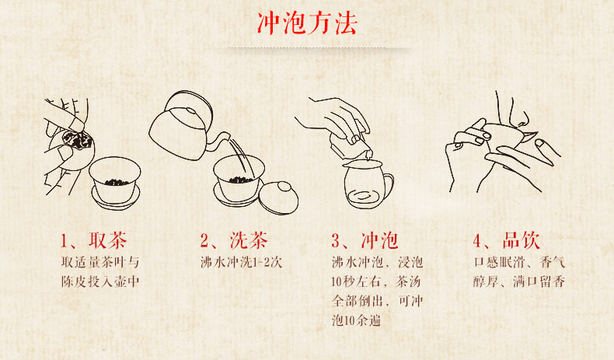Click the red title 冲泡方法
[x=307, y=23]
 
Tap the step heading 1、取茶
[x=93, y=240]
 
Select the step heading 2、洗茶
[x=234, y=240]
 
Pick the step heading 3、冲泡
[x=365, y=240]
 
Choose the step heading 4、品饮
[x=506, y=240]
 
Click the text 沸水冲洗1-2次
[x=241, y=262]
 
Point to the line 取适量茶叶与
[x=100, y=262]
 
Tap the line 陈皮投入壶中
[x=100, y=281]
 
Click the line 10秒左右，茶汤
[x=376, y=281]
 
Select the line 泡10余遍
[x=356, y=320]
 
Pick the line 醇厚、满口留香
[x=519, y=281]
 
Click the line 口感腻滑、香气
[x=519, y=262]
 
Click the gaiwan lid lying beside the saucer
[x=279, y=197]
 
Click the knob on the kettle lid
[x=191, y=110]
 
